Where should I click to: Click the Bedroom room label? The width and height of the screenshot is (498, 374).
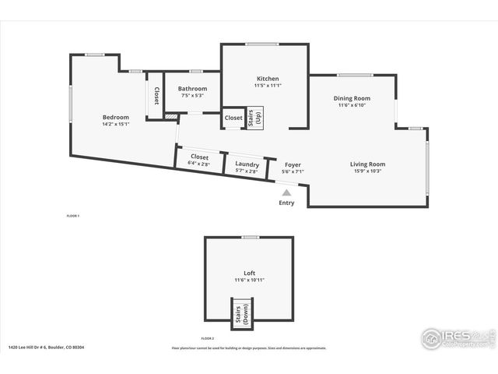pos(115,117)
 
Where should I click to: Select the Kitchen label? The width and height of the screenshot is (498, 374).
pos(268,79)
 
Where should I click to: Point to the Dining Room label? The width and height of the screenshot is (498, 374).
pos(352,98)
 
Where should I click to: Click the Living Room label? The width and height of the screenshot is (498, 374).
pos(367,164)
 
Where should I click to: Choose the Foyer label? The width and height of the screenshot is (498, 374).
pos(293,164)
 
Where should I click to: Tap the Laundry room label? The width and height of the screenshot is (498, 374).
pos(247,164)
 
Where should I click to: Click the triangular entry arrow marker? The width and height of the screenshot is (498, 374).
pos(287,192)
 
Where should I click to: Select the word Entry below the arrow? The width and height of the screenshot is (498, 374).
pos(287,203)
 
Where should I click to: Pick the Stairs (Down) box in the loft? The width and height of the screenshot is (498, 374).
pos(240,313)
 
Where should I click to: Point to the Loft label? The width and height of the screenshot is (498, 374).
pos(249,273)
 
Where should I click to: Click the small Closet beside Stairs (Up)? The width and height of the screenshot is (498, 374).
pos(233,118)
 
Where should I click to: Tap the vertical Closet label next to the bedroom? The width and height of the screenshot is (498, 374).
pos(156,96)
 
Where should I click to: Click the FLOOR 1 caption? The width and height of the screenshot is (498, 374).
pos(73,215)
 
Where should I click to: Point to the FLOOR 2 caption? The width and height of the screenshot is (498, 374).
pos(207,338)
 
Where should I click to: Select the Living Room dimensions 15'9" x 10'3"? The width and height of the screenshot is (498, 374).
pos(367,171)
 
